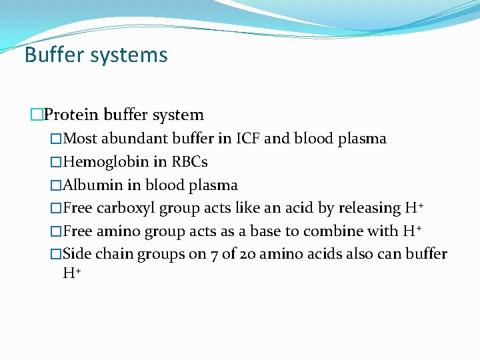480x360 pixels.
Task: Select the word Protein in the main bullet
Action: pyautogui.click(x=67, y=115)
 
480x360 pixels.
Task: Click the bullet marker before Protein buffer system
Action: pyautogui.click(x=36, y=115)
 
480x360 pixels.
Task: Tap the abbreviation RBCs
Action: pyautogui.click(x=190, y=162)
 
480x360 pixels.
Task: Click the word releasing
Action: pyautogui.click(x=369, y=209)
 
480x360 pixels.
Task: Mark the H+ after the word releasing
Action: pyautogui.click(x=414, y=209)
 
